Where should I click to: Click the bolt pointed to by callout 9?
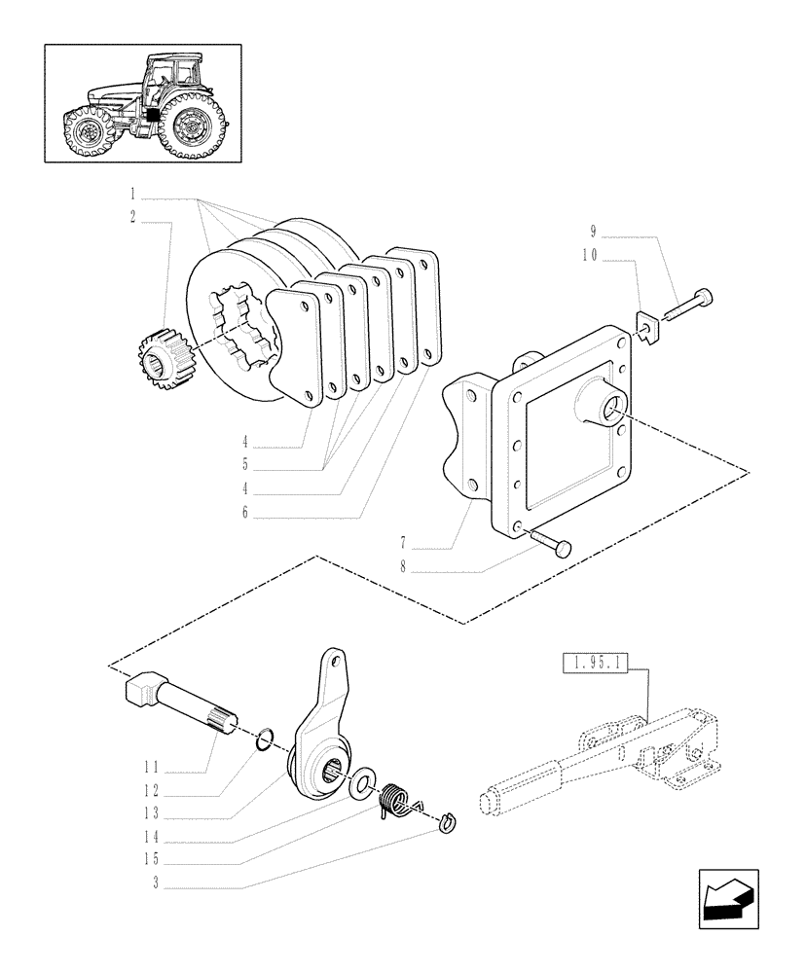[688, 304]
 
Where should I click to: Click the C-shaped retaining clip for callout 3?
[447, 822]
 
